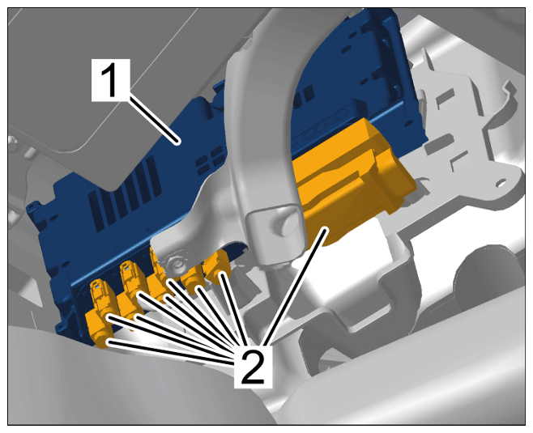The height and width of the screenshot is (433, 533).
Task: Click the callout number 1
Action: click(x=111, y=80)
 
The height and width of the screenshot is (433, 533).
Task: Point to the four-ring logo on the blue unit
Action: click(x=326, y=126)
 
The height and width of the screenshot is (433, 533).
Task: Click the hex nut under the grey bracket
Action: click(x=177, y=264)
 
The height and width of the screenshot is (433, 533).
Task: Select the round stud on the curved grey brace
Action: click(x=284, y=224)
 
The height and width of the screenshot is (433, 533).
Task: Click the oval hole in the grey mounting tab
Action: click(x=501, y=184)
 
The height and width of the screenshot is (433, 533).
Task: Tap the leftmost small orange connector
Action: click(x=100, y=313)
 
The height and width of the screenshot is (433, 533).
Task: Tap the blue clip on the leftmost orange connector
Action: click(x=97, y=287)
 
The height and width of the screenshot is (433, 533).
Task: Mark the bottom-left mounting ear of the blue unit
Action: click(x=61, y=327)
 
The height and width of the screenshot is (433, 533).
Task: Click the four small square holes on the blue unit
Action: click(x=208, y=160)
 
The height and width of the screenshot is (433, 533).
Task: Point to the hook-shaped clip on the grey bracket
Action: click(x=505, y=99)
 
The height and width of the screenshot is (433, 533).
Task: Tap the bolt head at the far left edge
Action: click(x=13, y=140)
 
